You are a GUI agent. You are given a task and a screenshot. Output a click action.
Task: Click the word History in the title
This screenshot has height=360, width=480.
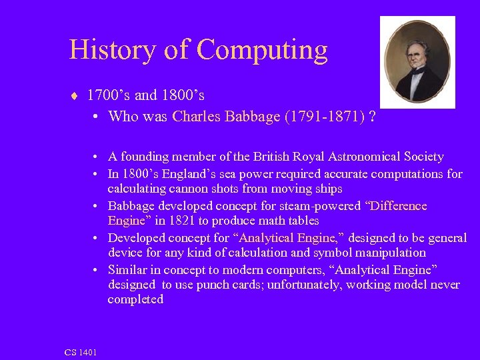click(x=111, y=50)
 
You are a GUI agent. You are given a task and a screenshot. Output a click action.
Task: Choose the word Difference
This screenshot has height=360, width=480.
click(x=396, y=206)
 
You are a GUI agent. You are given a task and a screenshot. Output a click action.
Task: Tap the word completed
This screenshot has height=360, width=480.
click(x=135, y=300)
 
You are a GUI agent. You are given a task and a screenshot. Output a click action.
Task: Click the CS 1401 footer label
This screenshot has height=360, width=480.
click(x=81, y=352)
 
